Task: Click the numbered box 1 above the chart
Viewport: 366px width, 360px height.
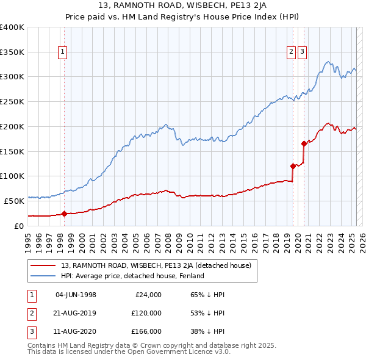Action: point(63,52)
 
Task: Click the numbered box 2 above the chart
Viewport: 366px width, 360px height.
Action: point(292,52)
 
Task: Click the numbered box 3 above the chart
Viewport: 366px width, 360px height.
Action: point(303,52)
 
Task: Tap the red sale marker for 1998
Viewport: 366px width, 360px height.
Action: point(64,214)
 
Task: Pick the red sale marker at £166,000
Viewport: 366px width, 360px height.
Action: point(303,143)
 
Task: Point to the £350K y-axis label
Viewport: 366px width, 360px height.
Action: point(12,52)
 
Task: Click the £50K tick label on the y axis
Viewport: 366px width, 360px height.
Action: point(14,201)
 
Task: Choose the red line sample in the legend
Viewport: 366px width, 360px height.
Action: point(43,265)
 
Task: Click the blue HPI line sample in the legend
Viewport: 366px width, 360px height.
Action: point(43,276)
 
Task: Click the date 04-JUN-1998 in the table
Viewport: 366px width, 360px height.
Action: point(76,295)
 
